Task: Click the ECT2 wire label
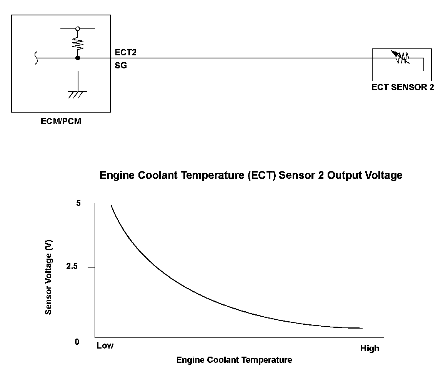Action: pyautogui.click(x=126, y=53)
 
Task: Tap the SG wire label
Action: pyautogui.click(x=121, y=66)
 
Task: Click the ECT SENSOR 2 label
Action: pyautogui.click(x=403, y=87)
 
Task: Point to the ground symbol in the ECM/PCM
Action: pyautogui.click(x=78, y=94)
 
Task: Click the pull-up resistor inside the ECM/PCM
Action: pyautogui.click(x=78, y=43)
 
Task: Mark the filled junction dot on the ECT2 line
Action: pyautogui.click(x=78, y=58)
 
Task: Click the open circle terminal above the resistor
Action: pyautogui.click(x=78, y=28)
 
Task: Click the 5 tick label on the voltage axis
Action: pyautogui.click(x=79, y=203)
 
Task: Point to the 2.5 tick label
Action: pyautogui.click(x=72, y=267)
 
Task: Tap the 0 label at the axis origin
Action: pyautogui.click(x=77, y=342)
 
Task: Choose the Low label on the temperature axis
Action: pyautogui.click(x=105, y=345)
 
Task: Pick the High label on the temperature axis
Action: pyautogui.click(x=369, y=349)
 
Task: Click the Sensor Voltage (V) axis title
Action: pyautogui.click(x=48, y=277)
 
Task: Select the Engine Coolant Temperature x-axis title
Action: pyautogui.click(x=234, y=360)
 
